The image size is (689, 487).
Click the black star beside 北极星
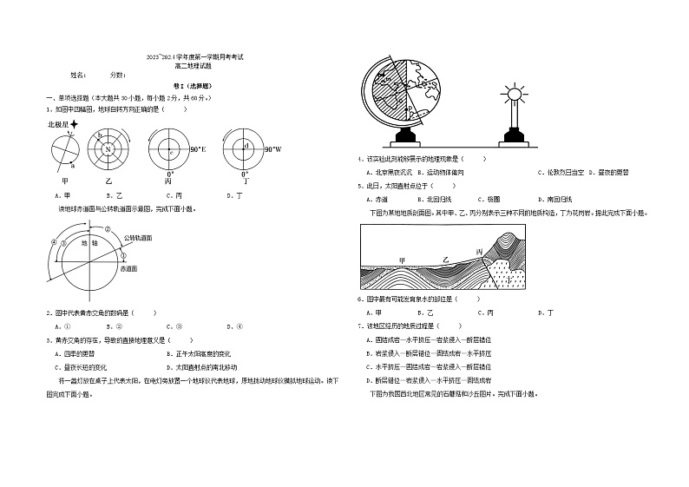point(75,125)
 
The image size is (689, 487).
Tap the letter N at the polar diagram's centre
point(108,149)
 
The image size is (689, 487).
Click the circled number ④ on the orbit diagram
point(54,241)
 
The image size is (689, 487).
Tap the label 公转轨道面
point(138,236)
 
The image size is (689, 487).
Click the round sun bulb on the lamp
point(512,93)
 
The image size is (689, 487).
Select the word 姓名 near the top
point(78,76)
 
